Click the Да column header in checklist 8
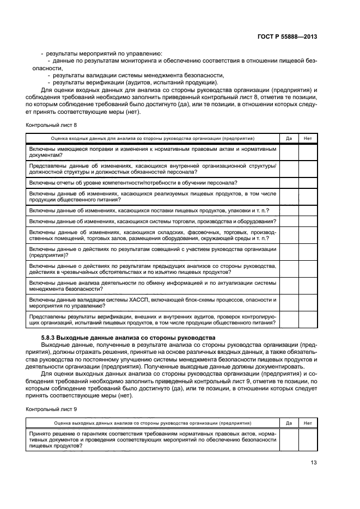click(289, 138)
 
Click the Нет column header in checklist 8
click(308, 138)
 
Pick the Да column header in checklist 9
click(289, 422)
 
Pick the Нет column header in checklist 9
click(308, 422)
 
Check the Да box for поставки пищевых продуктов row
click(289, 210)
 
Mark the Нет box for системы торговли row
click(308, 221)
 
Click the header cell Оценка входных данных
click(152, 138)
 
